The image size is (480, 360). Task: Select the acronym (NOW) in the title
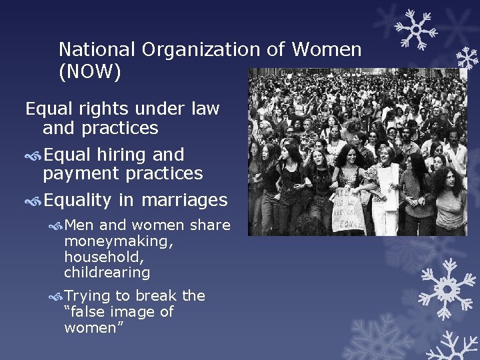(x=90, y=72)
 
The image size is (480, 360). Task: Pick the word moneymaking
(x=119, y=242)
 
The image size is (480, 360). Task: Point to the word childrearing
(x=107, y=272)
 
